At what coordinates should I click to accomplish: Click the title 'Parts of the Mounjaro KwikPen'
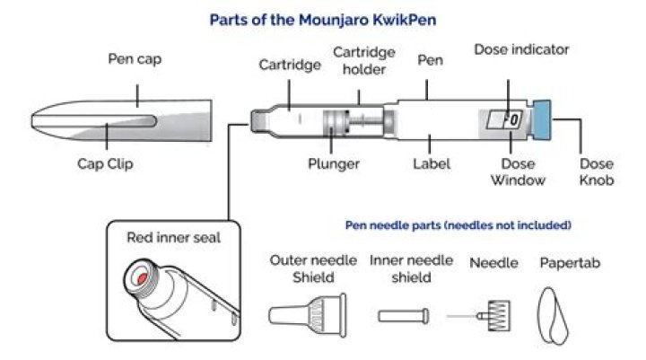click(323, 19)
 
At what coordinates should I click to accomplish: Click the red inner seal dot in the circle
click(141, 279)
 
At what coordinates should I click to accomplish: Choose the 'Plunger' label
click(333, 163)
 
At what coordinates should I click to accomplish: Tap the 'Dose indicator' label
click(520, 49)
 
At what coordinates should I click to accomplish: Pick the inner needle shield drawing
click(398, 316)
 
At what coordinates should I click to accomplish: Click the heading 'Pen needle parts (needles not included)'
click(458, 224)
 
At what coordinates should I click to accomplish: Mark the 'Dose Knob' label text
click(597, 172)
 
